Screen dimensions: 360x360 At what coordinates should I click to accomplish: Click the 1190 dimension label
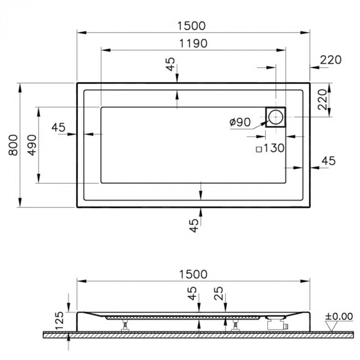(193, 43)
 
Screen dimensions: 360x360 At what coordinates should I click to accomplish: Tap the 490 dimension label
(31, 145)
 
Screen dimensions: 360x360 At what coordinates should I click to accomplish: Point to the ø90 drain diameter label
(240, 122)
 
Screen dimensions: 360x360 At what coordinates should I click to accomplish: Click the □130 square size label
(270, 149)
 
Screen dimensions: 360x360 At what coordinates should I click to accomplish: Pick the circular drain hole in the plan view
(275, 117)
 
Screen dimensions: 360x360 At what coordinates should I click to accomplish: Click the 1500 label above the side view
(193, 274)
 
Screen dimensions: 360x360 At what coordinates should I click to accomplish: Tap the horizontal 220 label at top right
(330, 60)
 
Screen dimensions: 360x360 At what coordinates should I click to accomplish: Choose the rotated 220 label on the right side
(322, 99)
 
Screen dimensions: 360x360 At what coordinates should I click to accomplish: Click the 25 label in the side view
(218, 295)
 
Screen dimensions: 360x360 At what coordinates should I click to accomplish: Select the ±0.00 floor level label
(338, 316)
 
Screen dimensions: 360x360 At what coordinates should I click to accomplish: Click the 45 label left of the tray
(59, 127)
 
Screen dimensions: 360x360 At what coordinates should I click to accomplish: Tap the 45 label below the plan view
(193, 225)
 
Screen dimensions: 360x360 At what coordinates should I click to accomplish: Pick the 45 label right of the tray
(328, 161)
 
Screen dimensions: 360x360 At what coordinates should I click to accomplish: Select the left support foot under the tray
(124, 325)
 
